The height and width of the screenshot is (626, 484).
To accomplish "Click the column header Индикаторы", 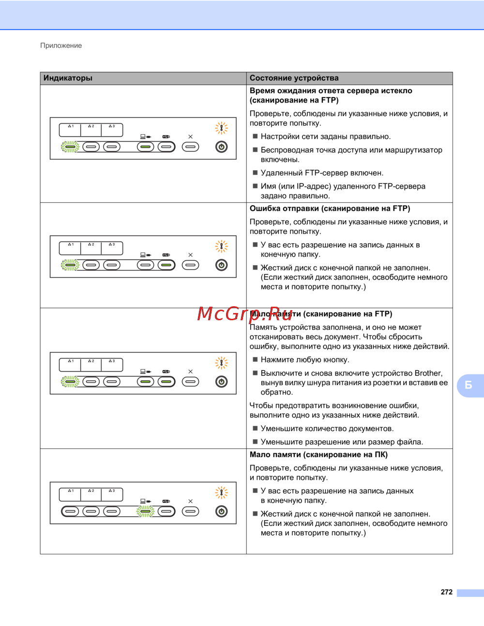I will point(68,78).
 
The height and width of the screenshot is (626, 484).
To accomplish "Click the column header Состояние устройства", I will point(294,78).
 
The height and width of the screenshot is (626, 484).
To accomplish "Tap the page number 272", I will point(447,592).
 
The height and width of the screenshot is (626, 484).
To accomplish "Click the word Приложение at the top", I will point(61,45).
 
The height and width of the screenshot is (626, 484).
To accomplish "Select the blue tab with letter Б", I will point(469,385).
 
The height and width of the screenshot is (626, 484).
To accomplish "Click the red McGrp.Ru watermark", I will point(245,314).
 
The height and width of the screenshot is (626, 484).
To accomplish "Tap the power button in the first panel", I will point(222,147).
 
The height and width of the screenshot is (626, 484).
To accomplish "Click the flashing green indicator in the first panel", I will point(70,147).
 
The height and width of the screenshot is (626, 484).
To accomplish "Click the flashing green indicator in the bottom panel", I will point(145,511).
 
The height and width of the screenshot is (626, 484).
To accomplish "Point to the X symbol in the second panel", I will point(190,255).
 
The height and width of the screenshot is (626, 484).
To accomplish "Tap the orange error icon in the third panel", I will point(221,362).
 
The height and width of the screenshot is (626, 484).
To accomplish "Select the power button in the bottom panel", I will point(222,511).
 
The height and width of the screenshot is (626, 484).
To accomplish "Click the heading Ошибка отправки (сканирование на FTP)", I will point(330,209).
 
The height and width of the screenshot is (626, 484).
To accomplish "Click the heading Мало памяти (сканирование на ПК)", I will point(318,455).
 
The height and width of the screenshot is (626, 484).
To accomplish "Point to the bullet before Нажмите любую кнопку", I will point(256,359).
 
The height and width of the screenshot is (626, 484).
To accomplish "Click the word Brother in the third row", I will point(428,373).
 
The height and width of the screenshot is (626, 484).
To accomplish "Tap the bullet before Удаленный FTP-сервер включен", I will point(256,173).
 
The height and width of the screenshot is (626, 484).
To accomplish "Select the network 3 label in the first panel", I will point(112,126).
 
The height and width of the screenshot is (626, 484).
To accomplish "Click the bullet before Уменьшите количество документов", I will point(256,429).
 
